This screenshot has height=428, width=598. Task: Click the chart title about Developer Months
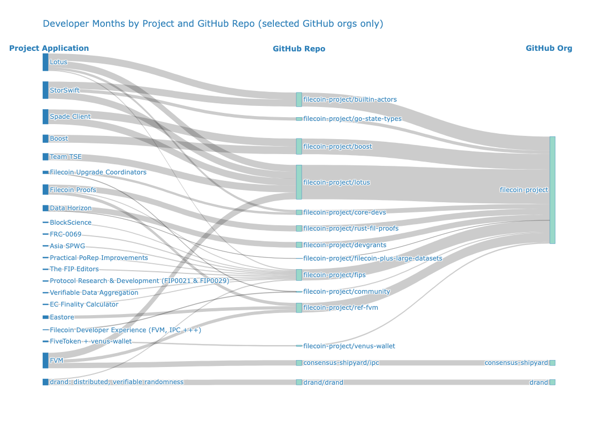click(213, 24)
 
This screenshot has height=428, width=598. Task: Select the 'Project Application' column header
click(49, 48)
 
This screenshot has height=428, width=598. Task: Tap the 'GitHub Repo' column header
click(298, 49)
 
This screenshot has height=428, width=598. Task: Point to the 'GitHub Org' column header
click(549, 48)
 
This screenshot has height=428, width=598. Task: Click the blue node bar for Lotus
click(45, 62)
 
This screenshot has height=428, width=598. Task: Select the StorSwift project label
click(64, 90)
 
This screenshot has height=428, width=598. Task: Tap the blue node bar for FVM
click(45, 361)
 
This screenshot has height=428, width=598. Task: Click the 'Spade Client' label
click(70, 117)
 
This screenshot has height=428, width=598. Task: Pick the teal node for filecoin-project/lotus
click(299, 182)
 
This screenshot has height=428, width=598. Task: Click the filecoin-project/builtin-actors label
click(350, 100)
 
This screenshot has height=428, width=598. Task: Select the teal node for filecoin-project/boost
click(299, 147)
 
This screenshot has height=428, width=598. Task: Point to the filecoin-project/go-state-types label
click(352, 119)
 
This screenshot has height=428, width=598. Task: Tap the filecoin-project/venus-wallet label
click(349, 346)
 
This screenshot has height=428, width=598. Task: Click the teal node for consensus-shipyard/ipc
click(299, 363)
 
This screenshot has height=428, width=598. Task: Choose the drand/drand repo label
click(323, 383)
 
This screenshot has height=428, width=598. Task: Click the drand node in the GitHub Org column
click(553, 383)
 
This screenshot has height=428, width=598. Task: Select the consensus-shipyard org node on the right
click(553, 363)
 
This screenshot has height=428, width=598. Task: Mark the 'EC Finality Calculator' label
click(83, 304)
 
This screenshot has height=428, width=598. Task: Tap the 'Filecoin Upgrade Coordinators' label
click(98, 172)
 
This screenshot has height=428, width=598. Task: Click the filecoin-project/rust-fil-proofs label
click(350, 228)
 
